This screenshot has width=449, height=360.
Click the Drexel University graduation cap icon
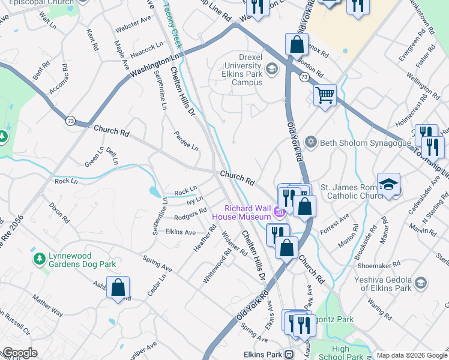point(272,69)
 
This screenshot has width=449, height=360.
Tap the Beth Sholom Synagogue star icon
point(310,142)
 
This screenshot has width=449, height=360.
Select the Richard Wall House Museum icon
point(279,212)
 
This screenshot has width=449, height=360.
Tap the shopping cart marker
point(325,95)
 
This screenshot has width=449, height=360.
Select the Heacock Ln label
point(147,47)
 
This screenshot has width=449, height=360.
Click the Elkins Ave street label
point(181,232)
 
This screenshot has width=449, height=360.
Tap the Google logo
point(20,353)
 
